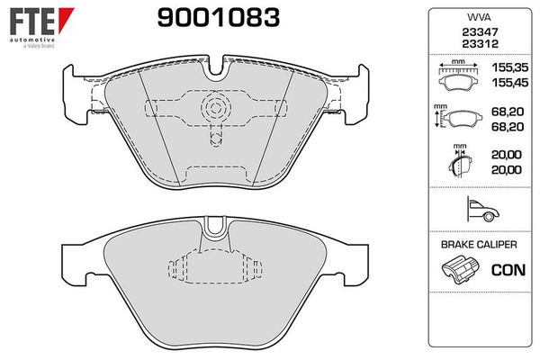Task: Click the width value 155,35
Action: (x=508, y=68)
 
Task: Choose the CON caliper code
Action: (x=508, y=268)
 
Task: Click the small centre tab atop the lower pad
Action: (x=214, y=225)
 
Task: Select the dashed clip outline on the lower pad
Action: (x=213, y=267)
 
